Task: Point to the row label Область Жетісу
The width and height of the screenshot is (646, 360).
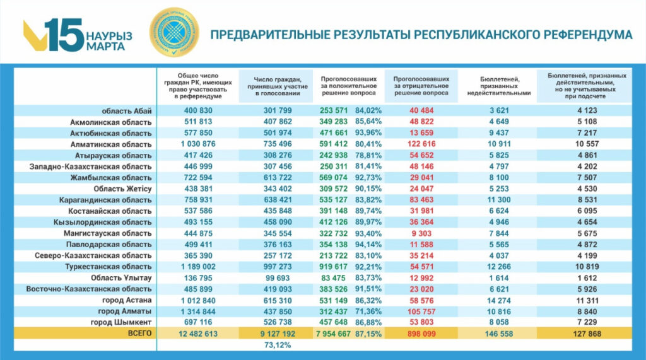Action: (122, 188)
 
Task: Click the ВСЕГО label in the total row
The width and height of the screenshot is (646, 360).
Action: (139, 332)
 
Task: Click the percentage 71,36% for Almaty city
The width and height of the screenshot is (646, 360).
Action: (369, 311)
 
